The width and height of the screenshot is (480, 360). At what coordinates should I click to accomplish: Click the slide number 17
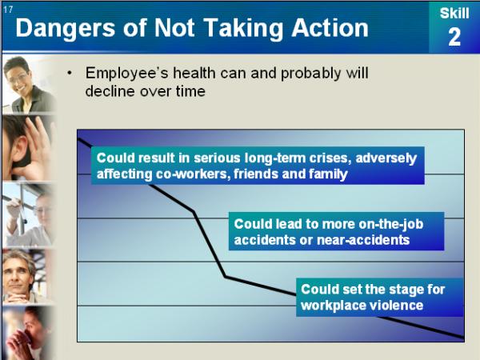8,10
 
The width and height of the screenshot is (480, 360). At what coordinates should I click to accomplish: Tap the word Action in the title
330,28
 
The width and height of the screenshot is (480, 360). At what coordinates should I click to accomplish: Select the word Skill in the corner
454,14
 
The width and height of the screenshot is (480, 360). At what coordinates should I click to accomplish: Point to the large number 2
454,37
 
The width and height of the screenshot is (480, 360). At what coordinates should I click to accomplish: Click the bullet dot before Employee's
70,73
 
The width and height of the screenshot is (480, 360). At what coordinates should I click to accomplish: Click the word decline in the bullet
110,91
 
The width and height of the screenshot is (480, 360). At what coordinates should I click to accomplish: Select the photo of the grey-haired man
27,276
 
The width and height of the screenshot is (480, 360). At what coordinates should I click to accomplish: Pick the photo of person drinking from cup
27,333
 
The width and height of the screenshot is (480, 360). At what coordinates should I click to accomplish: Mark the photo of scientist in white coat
28,214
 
